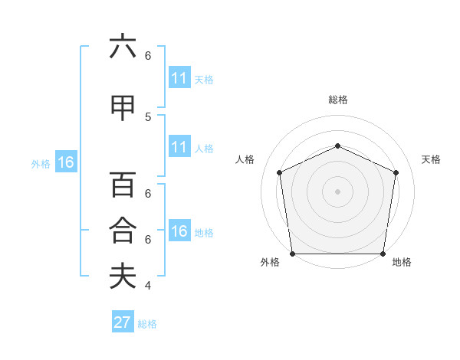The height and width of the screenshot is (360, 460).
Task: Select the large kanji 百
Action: click(123, 185)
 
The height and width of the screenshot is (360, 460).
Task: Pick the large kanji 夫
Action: click(123, 276)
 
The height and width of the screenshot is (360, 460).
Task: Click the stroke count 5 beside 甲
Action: click(148, 116)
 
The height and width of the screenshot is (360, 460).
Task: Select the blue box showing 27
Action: click(123, 322)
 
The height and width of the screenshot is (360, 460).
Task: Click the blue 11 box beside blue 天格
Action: click(179, 78)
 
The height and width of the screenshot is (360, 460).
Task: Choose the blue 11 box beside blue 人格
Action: click(179, 147)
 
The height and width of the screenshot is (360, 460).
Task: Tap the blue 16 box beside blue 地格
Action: click(179, 231)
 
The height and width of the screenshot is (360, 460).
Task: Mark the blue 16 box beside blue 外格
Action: click(66, 162)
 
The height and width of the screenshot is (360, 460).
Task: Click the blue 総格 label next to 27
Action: click(147, 324)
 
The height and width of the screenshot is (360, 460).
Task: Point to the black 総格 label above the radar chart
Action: click(337, 100)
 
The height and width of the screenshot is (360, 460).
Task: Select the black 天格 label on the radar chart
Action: click(431, 159)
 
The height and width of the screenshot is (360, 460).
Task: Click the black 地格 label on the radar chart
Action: click(402, 263)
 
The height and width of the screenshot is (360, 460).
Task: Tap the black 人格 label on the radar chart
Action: click(245, 159)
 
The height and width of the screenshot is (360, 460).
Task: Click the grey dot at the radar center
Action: click(337, 191)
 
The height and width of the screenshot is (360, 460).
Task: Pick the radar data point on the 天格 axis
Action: click(396, 172)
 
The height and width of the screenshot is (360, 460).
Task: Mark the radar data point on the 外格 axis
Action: click(292, 254)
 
